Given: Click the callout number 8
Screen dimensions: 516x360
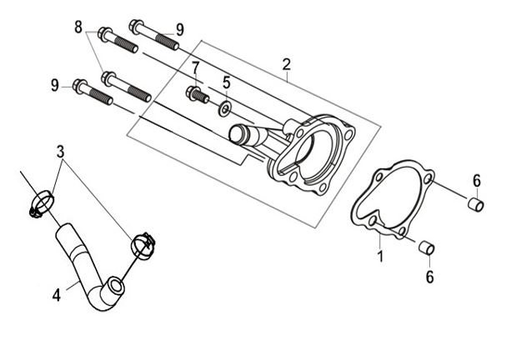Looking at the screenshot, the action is (x=78, y=27).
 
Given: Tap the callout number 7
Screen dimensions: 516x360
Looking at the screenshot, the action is (x=196, y=68).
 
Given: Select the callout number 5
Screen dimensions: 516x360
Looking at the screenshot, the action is (x=227, y=82).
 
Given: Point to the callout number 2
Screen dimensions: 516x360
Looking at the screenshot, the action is (x=286, y=65).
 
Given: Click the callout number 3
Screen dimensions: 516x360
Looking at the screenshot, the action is (x=60, y=152).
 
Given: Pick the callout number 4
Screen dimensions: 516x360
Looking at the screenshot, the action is (x=57, y=295).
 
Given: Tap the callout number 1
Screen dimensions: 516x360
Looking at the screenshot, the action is (x=380, y=256).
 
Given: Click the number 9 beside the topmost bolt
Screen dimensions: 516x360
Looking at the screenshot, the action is (x=180, y=30).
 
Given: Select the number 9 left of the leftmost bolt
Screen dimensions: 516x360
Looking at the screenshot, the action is (x=55, y=85).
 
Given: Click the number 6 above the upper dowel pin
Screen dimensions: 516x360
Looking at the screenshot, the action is (x=477, y=181).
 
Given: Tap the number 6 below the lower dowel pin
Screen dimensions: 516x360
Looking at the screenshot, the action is (x=430, y=277).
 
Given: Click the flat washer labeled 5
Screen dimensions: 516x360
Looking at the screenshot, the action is (x=224, y=108).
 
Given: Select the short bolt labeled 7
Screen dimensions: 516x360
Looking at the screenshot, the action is (x=197, y=94).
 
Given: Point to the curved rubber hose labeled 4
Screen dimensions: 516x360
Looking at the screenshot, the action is (x=83, y=263).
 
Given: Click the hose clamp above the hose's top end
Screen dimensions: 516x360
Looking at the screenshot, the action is (x=42, y=204).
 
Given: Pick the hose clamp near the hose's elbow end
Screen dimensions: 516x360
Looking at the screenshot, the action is (x=143, y=246).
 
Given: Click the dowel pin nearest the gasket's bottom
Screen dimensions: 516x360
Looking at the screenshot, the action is (x=427, y=247).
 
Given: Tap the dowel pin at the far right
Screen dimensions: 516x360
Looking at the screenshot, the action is (x=475, y=204).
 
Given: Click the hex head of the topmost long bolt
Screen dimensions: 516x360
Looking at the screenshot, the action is (x=136, y=26).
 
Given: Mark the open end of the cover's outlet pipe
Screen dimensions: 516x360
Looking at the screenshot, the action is (x=236, y=134).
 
